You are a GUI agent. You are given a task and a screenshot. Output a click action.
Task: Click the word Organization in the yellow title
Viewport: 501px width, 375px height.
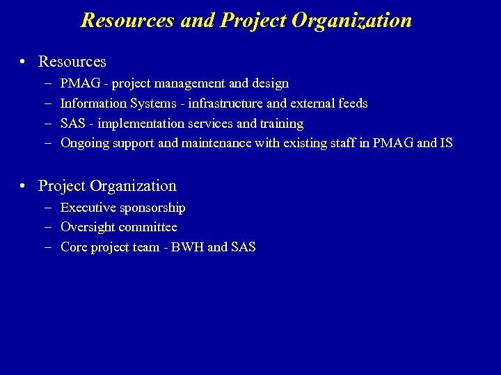coord(351,21)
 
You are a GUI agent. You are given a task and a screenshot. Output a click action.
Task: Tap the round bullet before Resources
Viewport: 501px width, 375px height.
coord(24,62)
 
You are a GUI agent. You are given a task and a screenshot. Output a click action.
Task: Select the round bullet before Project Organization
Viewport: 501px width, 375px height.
coord(24,187)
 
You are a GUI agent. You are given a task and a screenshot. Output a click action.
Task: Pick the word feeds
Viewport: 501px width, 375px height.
coord(353,103)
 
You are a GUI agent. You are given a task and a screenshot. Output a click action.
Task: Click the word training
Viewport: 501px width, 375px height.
coord(282,124)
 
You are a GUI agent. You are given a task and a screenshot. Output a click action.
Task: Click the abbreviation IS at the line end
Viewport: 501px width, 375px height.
coord(446,143)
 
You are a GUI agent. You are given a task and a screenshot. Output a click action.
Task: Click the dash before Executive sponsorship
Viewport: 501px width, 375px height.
coord(46,208)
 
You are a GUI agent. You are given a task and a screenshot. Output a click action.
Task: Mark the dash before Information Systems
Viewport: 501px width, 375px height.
coord(46,103)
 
